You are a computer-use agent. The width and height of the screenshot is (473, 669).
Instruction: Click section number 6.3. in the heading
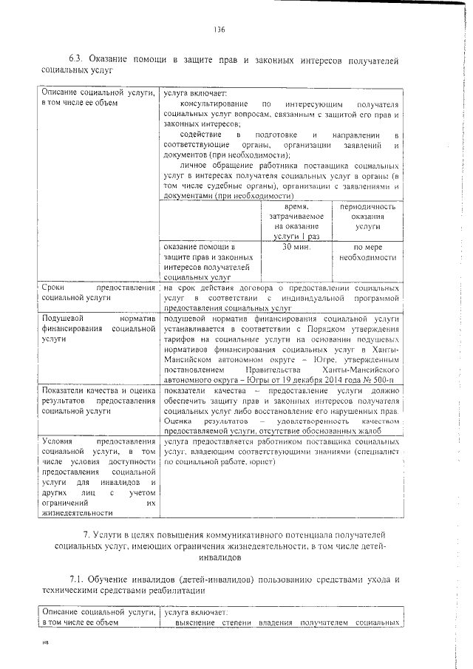[x=78, y=59]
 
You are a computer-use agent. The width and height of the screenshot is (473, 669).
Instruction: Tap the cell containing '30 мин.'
[x=296, y=248]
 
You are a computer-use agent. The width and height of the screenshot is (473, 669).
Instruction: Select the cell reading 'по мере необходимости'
[x=367, y=253]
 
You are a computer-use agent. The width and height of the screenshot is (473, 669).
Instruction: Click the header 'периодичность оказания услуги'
[x=367, y=219]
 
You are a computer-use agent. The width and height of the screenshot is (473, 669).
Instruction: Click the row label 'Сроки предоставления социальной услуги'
[x=98, y=292]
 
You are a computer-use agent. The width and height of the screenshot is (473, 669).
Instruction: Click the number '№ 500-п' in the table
[x=384, y=378]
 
